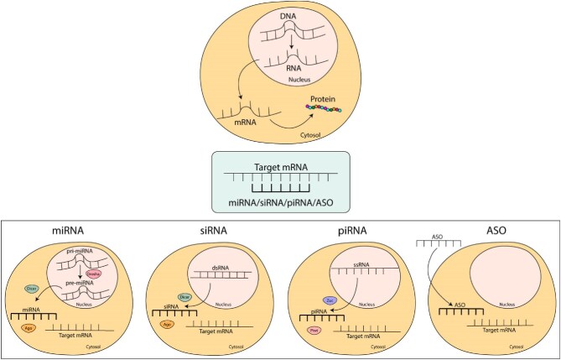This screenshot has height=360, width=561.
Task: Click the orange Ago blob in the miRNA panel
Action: (30, 330)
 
